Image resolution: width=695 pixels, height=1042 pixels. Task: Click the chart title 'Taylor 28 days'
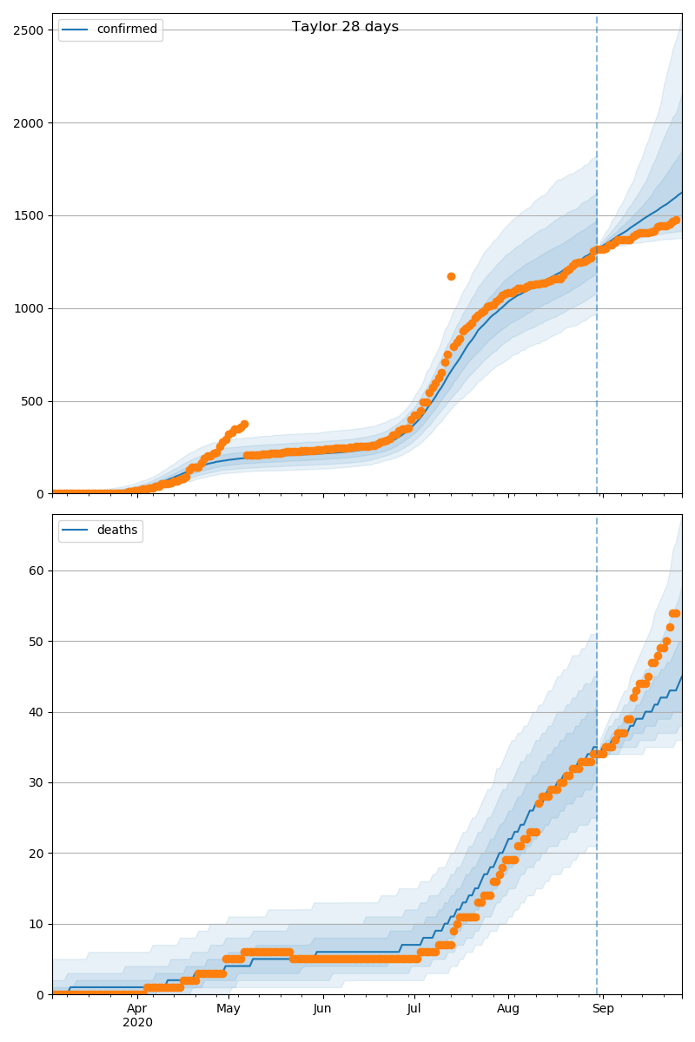pos(345,27)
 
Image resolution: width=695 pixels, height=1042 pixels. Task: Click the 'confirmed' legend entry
pos(127,30)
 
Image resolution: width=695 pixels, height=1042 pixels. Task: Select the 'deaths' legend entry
pos(116,531)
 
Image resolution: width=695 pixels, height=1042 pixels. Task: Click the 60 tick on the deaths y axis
pos(36,571)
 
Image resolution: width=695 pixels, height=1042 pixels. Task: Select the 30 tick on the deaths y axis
pos(36,783)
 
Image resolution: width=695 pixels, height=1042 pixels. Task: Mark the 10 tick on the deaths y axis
pos(36,924)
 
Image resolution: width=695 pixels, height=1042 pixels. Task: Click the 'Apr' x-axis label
pos(137,1009)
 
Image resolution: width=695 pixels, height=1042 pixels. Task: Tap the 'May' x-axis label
pos(228,1009)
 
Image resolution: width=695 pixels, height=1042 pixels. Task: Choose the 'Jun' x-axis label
pos(322,1009)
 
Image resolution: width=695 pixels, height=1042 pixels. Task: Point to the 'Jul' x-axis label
pos(414,1009)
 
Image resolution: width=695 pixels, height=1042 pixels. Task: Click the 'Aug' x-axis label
pos(508,1009)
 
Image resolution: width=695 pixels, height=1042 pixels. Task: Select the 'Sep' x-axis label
pos(603,1009)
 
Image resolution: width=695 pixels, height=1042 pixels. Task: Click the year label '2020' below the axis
pos(137,1023)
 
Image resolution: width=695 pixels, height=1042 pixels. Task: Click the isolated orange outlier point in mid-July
pos(451,276)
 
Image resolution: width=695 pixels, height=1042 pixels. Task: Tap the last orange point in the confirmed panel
pos(676,221)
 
